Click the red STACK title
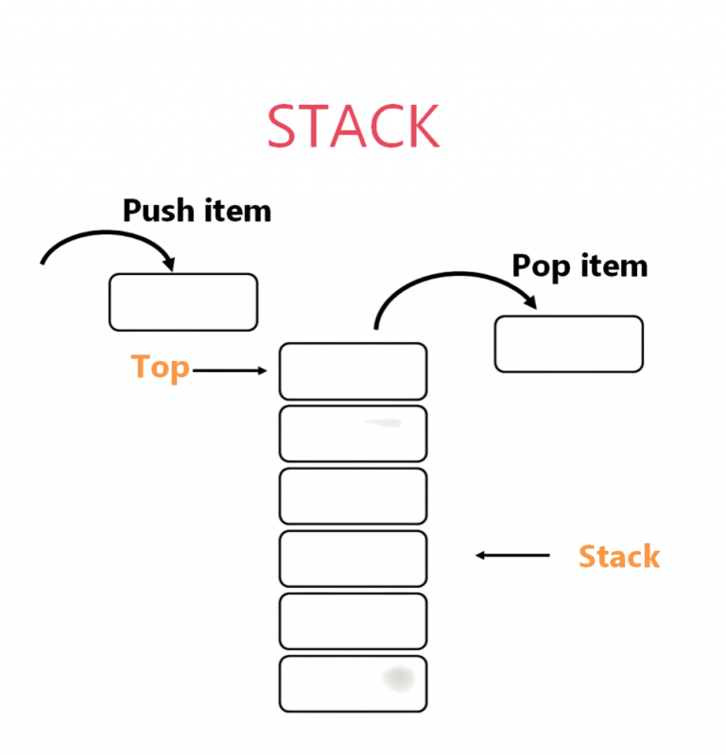coord(353,127)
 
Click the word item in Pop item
coord(614,266)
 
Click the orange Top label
coord(160,367)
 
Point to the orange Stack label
coord(618,556)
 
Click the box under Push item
coord(182,302)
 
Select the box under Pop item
coord(568,344)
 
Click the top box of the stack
coord(353,371)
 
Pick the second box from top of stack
coord(353,434)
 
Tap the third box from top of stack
coord(353,496)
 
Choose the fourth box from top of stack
coord(353,558)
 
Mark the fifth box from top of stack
coord(353,621)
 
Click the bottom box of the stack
coord(353,683)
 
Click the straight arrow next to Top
coord(230,371)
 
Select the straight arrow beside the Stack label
coord(512,556)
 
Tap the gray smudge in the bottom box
coord(397,677)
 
